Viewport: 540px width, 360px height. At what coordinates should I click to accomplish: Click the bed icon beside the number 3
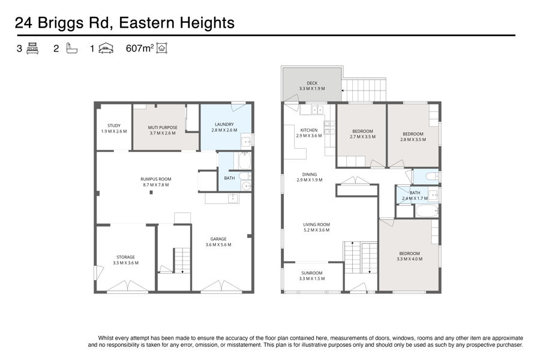32,48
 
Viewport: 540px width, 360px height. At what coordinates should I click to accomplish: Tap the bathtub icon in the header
71,48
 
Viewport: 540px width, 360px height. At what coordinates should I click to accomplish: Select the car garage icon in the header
106,49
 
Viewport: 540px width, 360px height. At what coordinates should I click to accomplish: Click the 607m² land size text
139,48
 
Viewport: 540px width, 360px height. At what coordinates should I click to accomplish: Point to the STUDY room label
114,126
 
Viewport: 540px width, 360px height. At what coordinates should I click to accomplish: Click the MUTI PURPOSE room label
163,127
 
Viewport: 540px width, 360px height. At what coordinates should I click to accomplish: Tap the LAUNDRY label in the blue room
224,124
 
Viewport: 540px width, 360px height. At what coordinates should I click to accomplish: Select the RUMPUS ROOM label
155,179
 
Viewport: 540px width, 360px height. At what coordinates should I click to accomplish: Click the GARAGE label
218,239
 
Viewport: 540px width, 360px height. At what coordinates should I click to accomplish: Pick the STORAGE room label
126,257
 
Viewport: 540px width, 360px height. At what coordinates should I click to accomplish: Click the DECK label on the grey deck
312,83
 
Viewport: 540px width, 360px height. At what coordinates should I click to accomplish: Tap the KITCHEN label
309,130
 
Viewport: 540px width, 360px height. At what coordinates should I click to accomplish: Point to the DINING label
310,175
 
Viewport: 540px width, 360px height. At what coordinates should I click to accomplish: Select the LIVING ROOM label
316,224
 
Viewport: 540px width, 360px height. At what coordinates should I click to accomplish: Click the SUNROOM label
312,273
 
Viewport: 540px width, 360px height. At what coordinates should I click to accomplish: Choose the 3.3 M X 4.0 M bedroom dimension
409,259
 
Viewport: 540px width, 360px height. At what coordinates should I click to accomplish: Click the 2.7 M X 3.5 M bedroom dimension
362,137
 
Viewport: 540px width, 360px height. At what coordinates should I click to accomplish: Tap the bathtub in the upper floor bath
427,211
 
